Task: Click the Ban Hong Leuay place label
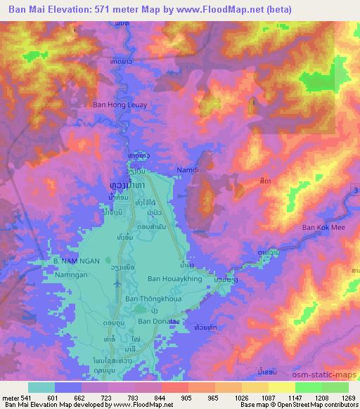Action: point(120,105)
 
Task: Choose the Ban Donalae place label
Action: point(159,321)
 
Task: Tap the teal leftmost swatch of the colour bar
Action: point(41,387)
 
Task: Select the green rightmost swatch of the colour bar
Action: point(335,387)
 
